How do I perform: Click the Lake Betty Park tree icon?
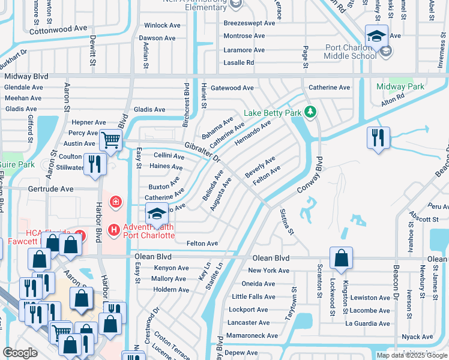(x=310, y=112)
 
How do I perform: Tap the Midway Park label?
(x=400, y=86)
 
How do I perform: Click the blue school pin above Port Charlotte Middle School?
(x=376, y=37)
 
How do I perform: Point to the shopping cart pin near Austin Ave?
(x=110, y=141)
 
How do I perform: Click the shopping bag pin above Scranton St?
(x=341, y=258)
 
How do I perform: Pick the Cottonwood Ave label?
(x=58, y=29)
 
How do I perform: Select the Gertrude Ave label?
(x=50, y=188)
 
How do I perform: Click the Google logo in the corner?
(x=20, y=353)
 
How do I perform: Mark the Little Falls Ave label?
(x=253, y=296)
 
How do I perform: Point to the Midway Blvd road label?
(x=26, y=77)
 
